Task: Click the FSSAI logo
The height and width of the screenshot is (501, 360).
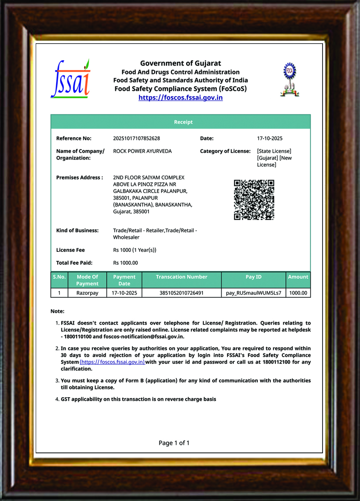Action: tap(70, 79)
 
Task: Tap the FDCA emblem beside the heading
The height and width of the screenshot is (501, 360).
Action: tap(290, 79)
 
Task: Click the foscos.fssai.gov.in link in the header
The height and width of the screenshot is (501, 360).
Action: tap(180, 98)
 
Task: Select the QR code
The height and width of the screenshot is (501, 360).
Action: tap(254, 200)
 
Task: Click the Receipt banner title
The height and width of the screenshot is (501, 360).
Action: tap(183, 122)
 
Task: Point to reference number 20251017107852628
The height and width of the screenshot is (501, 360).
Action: tap(137, 138)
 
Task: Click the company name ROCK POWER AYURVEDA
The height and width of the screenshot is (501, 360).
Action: tap(142, 151)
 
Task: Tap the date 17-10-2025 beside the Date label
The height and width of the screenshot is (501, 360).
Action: tap(270, 138)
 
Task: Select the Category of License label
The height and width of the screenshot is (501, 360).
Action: tap(225, 151)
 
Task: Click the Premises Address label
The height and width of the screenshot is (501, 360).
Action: tap(79, 177)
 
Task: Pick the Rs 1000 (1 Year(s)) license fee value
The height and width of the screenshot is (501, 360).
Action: tap(135, 250)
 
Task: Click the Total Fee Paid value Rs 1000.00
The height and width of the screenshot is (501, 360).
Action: tap(125, 263)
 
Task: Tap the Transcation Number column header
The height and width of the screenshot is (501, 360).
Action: tap(182, 277)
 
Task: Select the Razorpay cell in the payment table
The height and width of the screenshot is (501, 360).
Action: tap(87, 293)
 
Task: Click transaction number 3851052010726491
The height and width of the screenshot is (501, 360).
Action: tap(182, 293)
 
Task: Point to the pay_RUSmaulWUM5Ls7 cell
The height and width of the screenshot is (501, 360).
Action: tap(253, 293)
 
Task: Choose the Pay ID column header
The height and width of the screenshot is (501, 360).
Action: tap(253, 277)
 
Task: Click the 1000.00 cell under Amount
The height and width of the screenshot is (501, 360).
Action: tap(298, 293)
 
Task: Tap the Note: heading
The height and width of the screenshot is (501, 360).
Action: tap(58, 311)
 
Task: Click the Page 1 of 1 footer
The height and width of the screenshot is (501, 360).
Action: tap(174, 443)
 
